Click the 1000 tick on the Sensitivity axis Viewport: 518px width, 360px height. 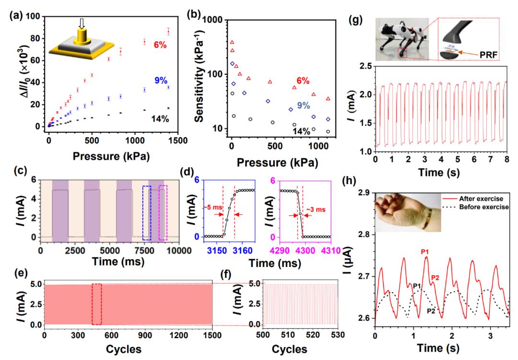tap(213, 22)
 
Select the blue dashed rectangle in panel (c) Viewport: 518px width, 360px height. tap(147, 213)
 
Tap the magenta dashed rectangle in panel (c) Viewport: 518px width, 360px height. tap(163, 212)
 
